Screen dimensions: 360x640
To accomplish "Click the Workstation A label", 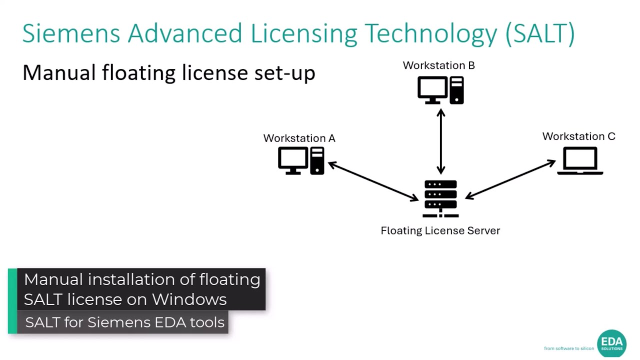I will (x=299, y=138).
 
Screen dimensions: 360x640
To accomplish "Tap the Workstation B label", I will (x=438, y=65).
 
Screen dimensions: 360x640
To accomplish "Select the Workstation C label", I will (x=578, y=136).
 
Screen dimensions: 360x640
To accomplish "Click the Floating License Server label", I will (x=440, y=230).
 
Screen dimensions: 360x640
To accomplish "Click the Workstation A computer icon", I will (x=301, y=161).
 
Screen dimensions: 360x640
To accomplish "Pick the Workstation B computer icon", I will (x=440, y=90).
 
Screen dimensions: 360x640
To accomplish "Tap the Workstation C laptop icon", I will (x=580, y=161).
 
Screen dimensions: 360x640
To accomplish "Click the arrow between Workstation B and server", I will (x=440, y=141).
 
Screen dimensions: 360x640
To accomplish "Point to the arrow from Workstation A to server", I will (x=373, y=181).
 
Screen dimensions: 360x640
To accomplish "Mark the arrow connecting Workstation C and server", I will (x=510, y=179).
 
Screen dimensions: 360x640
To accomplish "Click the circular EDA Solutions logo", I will (x=611, y=343).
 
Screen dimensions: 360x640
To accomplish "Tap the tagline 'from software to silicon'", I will (x=568, y=348).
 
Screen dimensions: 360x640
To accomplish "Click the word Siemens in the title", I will (x=71, y=33).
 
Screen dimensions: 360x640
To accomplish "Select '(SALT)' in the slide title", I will (x=540, y=33).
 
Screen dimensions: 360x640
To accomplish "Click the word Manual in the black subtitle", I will (x=59, y=73).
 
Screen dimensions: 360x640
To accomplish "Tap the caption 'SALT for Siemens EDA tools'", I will (x=124, y=322).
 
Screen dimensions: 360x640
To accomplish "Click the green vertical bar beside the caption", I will (x=12, y=301).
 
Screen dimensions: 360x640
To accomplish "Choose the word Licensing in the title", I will (x=303, y=33).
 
